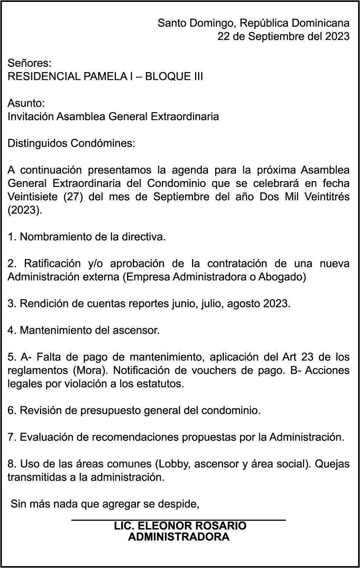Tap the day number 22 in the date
click(x=223, y=37)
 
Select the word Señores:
click(x=29, y=63)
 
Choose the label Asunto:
click(x=26, y=103)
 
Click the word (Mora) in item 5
click(x=91, y=370)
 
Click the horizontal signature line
click(x=178, y=520)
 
